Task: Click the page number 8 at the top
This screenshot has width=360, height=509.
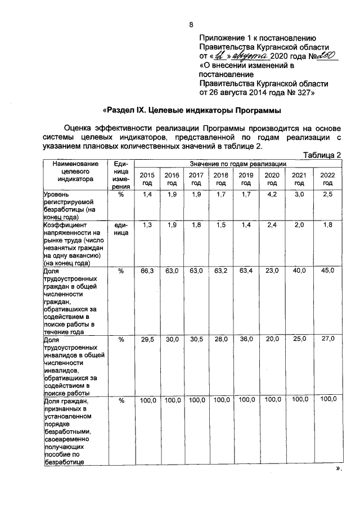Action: tap(191, 24)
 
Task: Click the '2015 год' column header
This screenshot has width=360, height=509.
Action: tap(147, 179)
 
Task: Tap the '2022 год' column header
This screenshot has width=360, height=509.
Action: tap(327, 179)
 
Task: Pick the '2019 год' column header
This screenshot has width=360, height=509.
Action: tap(246, 179)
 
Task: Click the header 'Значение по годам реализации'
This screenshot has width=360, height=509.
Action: tap(238, 163)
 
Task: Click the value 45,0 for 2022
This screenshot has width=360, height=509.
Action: tap(327, 271)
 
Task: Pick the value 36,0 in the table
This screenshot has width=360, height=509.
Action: tap(246, 339)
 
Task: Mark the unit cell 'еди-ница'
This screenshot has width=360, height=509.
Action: tap(121, 228)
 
